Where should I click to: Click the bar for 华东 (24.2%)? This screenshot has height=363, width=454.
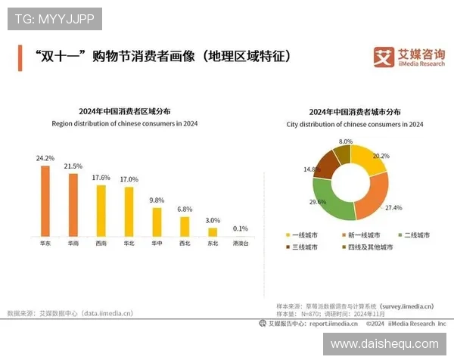[45, 200]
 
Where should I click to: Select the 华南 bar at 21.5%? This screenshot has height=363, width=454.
[73, 205]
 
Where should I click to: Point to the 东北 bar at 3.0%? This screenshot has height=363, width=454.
[213, 232]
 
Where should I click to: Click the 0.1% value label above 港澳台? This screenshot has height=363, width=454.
[241, 228]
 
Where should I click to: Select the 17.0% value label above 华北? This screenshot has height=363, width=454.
[129, 179]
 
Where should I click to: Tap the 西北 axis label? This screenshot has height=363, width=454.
[185, 244]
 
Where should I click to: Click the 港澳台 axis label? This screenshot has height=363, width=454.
[241, 244]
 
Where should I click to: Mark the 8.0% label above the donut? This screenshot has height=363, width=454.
[346, 141]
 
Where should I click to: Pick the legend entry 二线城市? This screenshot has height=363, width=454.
[412, 235]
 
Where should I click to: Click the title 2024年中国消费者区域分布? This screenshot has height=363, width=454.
[125, 111]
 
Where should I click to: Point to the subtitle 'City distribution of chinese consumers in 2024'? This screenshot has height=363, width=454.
[355, 124]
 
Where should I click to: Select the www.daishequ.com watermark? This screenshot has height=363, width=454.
[384, 344]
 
